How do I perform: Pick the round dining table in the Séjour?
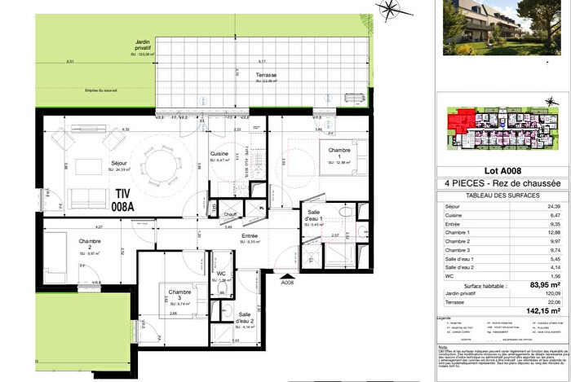coord(160,163)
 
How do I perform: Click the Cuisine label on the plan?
coord(219,153)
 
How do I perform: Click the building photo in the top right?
coord(503,27)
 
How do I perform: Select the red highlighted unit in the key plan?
coord(460,125)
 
